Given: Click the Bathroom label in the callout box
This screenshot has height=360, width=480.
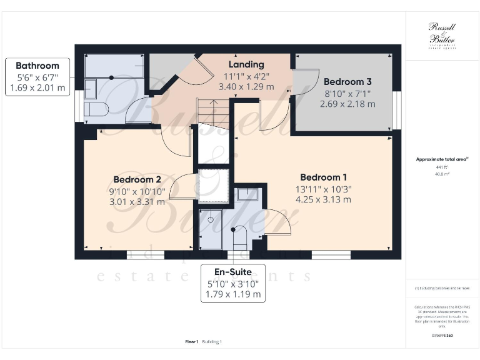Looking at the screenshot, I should click(x=37, y=66).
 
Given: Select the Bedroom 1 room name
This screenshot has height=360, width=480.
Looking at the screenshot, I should click(x=323, y=177).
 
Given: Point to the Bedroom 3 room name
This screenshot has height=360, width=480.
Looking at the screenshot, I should click(x=347, y=82).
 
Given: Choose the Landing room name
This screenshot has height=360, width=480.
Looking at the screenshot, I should click(x=246, y=64).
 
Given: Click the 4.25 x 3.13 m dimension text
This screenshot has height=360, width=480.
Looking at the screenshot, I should click(x=323, y=200).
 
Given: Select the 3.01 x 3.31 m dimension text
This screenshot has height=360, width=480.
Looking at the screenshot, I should click(x=137, y=201).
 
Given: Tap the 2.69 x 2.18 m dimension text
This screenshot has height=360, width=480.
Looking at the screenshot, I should click(x=347, y=104).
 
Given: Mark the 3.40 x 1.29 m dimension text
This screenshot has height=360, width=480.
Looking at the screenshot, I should click(x=246, y=87).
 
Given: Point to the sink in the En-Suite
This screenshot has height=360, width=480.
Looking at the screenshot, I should click(x=247, y=194).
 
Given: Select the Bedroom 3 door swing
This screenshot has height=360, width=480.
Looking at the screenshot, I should click(x=302, y=81).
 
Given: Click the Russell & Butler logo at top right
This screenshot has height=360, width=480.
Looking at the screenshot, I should click(x=442, y=35).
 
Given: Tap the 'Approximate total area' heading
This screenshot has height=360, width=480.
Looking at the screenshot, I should click(x=441, y=159).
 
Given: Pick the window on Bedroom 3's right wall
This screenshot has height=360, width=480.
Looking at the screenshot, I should click(x=396, y=110).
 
